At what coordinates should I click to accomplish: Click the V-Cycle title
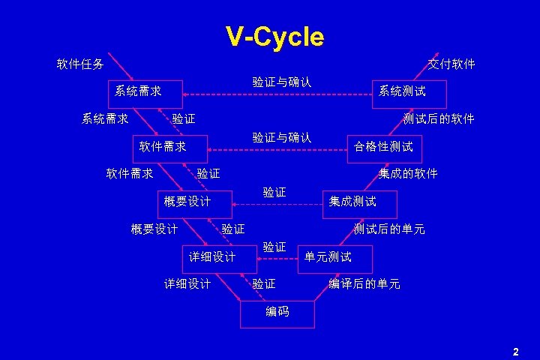click(x=274, y=36)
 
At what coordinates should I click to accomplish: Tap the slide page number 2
click(x=515, y=351)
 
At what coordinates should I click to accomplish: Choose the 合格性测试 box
click(x=382, y=147)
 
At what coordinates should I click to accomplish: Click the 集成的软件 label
click(x=408, y=174)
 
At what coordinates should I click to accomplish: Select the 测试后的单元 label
click(x=389, y=229)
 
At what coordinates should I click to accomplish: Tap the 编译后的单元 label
click(x=364, y=284)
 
